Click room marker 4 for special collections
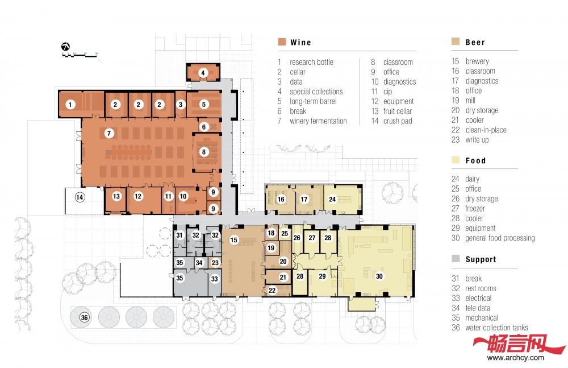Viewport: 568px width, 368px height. tap(203, 73)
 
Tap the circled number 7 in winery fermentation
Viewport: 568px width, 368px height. tap(109, 133)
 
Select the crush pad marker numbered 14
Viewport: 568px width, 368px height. tap(80, 197)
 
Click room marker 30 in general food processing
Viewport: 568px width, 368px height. tap(379, 276)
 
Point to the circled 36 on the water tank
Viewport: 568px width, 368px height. tap(85, 317)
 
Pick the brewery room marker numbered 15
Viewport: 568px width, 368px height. tap(234, 239)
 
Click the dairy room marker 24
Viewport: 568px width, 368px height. tap(332, 199)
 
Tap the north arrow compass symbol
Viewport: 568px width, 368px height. tap(65, 47)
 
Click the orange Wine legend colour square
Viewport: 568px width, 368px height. tap(282, 42)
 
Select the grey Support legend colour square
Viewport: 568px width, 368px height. tap(456, 258)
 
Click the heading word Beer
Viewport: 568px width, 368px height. tap(475, 43)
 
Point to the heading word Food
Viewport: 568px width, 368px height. tap(475, 161)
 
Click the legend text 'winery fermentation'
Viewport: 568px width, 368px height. tap(318, 121)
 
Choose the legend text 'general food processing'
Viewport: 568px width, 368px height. tap(500, 238)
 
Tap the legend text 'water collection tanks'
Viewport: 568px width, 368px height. tap(496, 328)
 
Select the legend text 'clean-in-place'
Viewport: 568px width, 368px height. tap(486, 130)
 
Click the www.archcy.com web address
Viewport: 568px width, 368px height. tap(516, 358)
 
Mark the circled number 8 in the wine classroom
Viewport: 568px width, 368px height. tap(203, 152)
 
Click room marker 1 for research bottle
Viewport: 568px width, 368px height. tap(70, 105)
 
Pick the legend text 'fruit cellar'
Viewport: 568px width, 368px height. tap(398, 111)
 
